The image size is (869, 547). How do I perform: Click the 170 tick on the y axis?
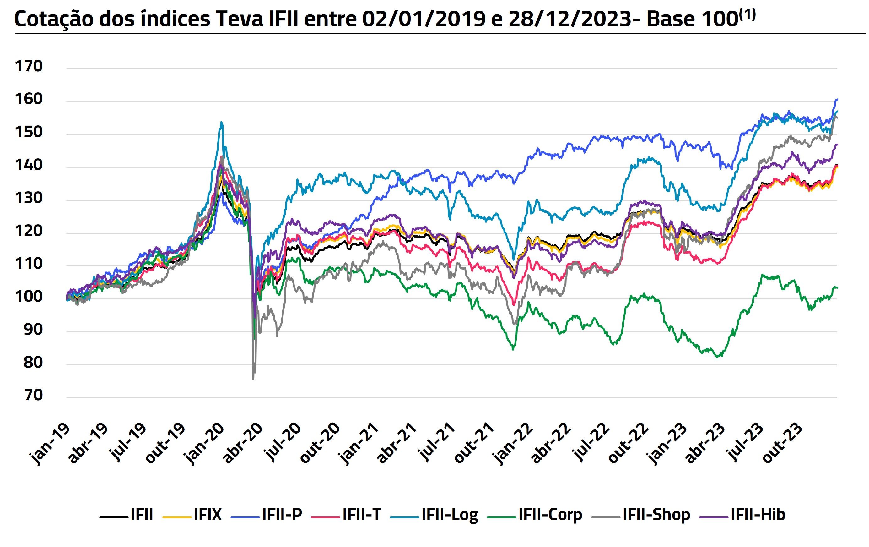[29, 66]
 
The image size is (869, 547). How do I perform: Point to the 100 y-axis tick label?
[29, 297]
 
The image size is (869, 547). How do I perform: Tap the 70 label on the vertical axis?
[33, 395]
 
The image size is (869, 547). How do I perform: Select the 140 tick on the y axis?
[29, 165]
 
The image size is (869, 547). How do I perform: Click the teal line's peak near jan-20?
[221, 122]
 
